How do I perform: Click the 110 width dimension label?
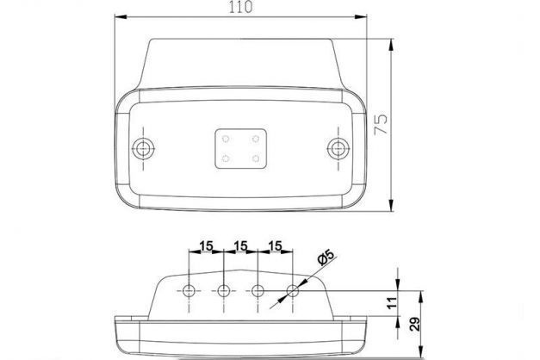241,7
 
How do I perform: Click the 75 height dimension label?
381,124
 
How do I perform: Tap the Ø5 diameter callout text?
326,258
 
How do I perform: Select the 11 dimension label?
392,303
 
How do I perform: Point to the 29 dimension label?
416,324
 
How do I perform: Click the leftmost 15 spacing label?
206,246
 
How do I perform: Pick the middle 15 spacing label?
240,246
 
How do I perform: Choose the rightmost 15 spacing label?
275,246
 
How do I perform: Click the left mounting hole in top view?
143,148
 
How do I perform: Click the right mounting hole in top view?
338,148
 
